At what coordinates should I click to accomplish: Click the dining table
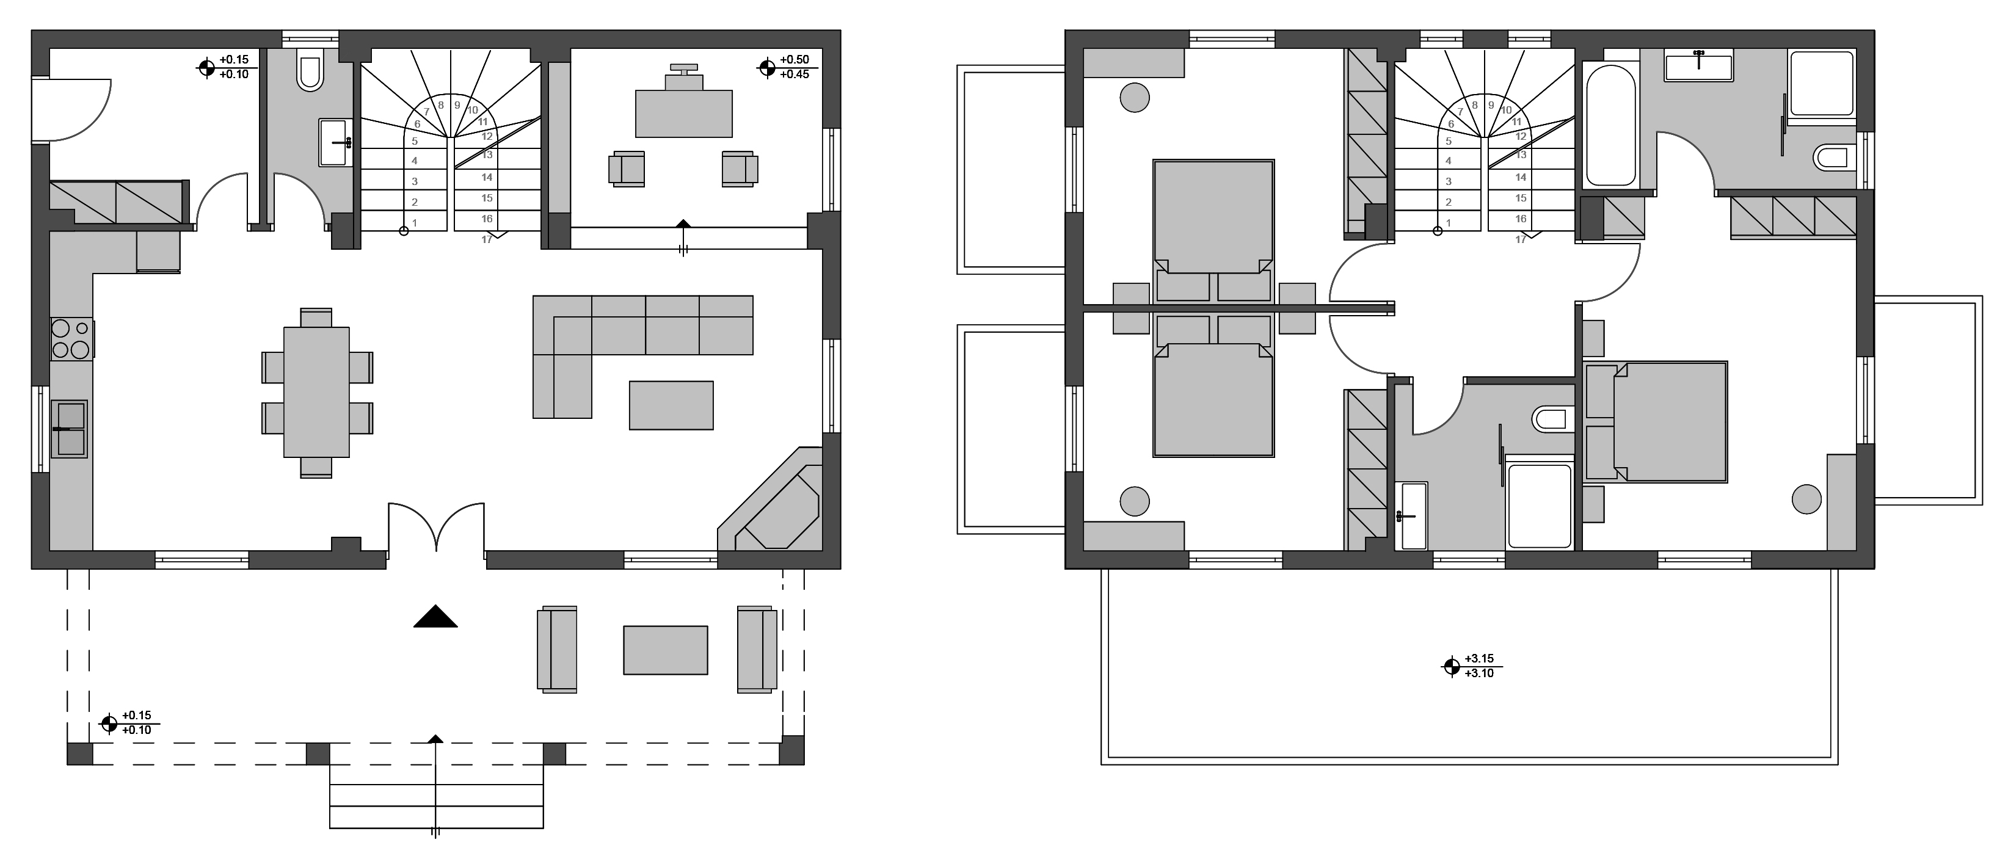pyautogui.click(x=316, y=392)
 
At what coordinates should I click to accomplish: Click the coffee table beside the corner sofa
pyautogui.click(x=671, y=405)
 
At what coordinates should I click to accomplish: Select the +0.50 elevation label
pyautogui.click(x=795, y=60)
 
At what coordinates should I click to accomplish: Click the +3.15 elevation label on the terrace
pyautogui.click(x=1479, y=659)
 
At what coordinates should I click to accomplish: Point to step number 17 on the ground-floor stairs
pyautogui.click(x=487, y=239)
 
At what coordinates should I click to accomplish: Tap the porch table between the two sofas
pyautogui.click(x=665, y=650)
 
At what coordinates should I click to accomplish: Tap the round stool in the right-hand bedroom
pyautogui.click(x=1807, y=499)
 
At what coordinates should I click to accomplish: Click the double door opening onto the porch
pyautogui.click(x=437, y=527)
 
